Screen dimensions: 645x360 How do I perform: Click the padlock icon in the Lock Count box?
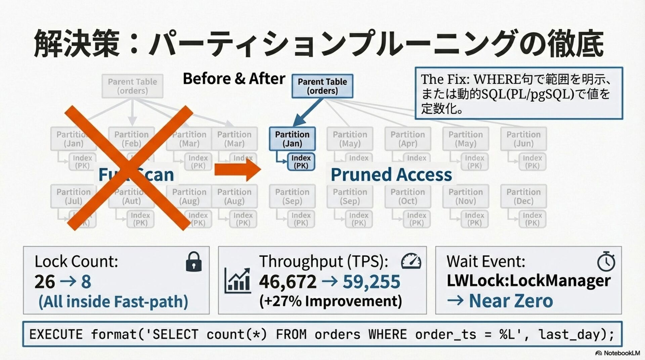point(194,262)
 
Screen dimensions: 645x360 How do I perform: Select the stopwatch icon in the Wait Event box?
point(606,262)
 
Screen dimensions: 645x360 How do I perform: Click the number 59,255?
point(371,281)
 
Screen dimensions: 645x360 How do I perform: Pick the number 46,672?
point(288,281)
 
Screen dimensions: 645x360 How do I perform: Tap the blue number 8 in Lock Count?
point(86,281)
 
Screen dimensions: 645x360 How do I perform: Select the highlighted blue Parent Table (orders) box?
point(322,86)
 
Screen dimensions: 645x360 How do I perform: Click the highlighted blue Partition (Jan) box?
point(292,139)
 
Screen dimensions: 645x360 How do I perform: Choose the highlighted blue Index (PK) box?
point(301,162)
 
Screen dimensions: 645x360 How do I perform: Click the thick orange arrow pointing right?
point(237,170)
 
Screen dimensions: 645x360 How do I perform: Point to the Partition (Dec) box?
point(523,196)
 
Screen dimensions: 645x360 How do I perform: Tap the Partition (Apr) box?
point(407,139)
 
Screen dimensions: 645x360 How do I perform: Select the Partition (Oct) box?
point(407,196)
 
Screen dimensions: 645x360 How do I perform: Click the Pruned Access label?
point(391,175)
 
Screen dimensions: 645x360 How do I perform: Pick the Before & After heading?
point(234,79)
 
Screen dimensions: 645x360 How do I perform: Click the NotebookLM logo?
point(617,353)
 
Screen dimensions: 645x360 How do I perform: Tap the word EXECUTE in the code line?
point(56,334)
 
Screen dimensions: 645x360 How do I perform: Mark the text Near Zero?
point(511,301)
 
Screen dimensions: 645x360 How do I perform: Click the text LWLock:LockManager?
point(528,280)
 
